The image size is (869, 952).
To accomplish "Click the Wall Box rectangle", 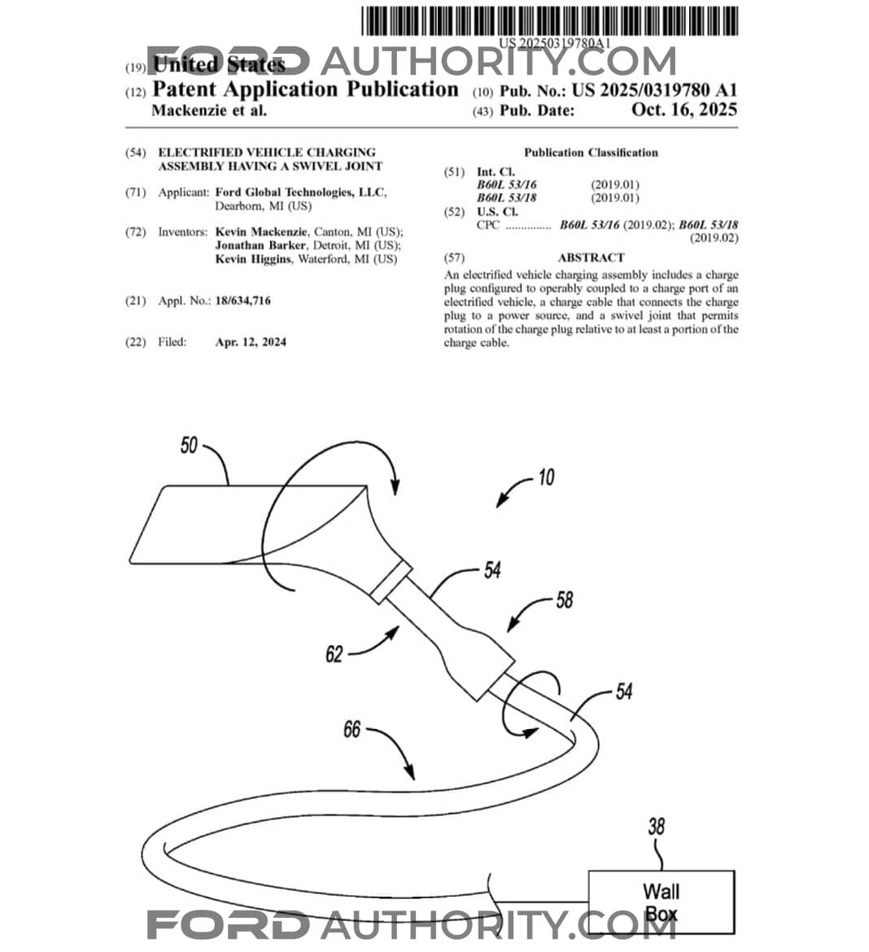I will click(661, 902).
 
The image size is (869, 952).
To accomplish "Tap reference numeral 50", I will click(189, 445).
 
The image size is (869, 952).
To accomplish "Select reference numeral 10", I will click(545, 477).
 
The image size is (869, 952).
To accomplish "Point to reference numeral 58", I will click(564, 600).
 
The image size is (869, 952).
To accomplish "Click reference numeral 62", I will click(334, 653).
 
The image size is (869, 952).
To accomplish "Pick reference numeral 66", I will click(352, 729).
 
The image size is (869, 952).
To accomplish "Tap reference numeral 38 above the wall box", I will click(656, 827).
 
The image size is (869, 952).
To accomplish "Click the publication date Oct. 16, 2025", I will click(683, 111).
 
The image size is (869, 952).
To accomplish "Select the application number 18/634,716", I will click(242, 301).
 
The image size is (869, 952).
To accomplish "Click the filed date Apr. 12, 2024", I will click(251, 343).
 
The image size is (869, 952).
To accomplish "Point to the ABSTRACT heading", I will click(591, 258).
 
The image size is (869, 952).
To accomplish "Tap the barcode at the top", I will click(550, 20).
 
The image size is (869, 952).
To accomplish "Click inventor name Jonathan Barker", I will click(260, 246).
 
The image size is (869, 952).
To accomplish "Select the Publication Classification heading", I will click(591, 153).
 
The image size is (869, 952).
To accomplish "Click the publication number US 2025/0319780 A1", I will click(654, 90).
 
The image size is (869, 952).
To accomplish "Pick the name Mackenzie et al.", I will click(209, 111).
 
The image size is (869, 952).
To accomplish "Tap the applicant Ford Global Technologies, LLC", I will click(300, 193).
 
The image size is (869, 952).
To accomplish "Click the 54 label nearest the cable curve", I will click(623, 692).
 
